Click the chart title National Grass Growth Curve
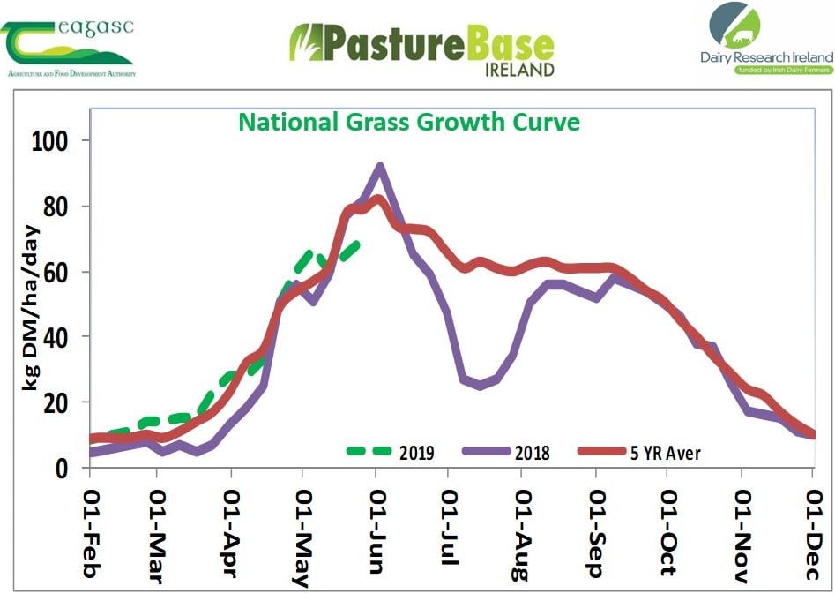[x=409, y=121]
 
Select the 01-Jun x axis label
[x=376, y=529]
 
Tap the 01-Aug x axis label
[x=520, y=530]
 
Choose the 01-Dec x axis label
[x=811, y=529]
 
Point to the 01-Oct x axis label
[x=667, y=529]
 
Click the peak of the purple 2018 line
[x=380, y=166]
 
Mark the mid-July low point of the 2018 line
[x=481, y=386]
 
